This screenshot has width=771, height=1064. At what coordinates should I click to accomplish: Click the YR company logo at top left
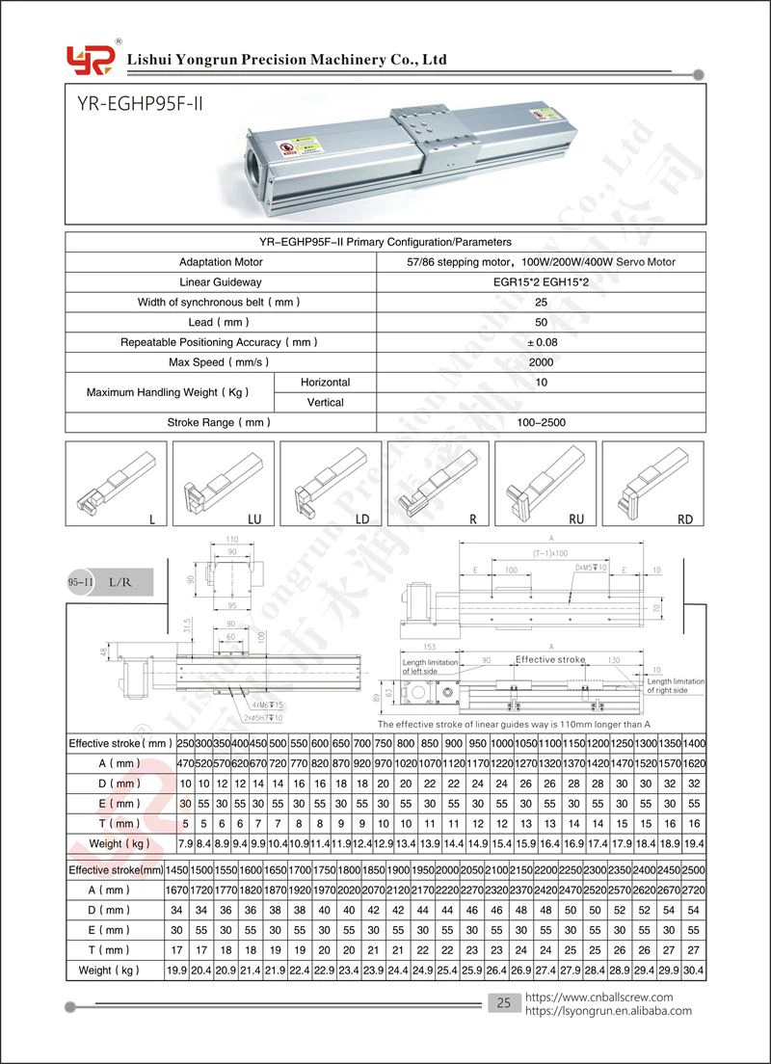pyautogui.click(x=90, y=59)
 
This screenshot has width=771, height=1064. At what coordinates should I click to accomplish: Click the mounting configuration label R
pyautogui.click(x=472, y=519)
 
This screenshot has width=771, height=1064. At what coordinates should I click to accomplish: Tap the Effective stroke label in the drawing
pyautogui.click(x=549, y=659)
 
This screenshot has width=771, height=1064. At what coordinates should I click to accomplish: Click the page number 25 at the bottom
pyautogui.click(x=502, y=1003)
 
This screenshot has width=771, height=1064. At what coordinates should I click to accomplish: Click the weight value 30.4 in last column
pyautogui.click(x=693, y=970)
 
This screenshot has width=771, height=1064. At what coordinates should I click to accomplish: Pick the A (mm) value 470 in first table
pyautogui.click(x=186, y=763)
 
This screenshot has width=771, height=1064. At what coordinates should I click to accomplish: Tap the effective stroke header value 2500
pyautogui.click(x=693, y=869)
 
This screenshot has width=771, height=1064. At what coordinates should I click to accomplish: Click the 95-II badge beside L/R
pyautogui.click(x=80, y=582)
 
